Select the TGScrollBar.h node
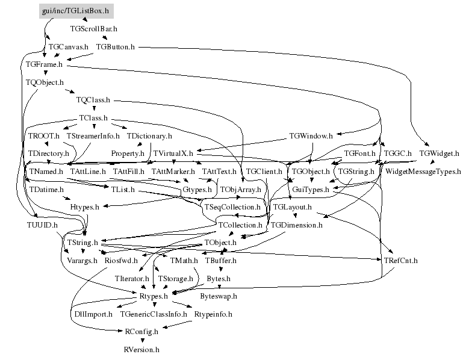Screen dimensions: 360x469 pos(93,28)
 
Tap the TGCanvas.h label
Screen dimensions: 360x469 pos(68,46)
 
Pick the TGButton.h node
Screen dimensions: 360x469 pos(116,46)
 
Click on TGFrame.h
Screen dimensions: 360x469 pos(45,63)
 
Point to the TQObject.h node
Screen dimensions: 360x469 pos(45,81)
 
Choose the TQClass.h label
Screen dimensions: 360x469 pos(93,99)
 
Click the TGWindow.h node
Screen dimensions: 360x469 pos(311,135)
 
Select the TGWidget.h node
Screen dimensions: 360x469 pos(439,153)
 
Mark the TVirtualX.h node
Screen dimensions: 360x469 pos(173,154)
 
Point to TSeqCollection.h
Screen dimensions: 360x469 pos(232,207)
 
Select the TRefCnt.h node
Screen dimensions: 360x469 pos(400,261)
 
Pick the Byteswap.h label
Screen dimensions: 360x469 pos(219,296)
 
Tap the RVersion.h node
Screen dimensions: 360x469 pos(141,349)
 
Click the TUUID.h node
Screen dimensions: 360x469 pos(42,225)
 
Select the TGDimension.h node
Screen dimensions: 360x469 pos(297,225)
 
